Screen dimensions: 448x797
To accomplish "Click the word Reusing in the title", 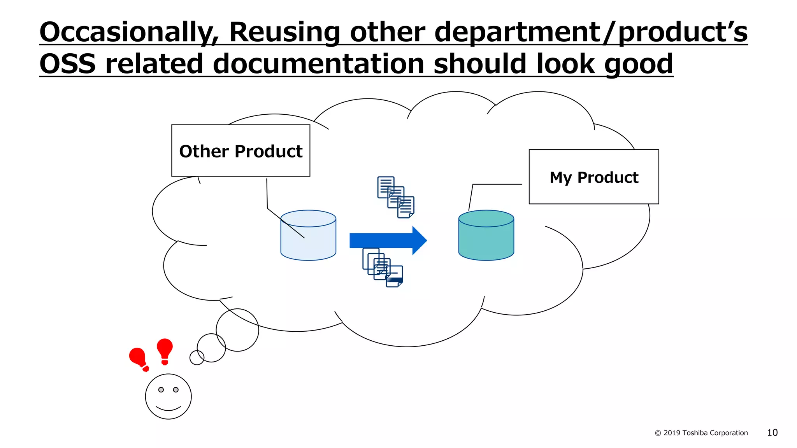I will pos(284,32).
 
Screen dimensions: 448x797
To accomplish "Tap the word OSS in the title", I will pos(67,64).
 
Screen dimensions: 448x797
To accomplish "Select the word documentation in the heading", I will pos(318,64).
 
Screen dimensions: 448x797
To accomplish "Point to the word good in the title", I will pos(638,64).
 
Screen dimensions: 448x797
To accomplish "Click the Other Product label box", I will pos(241,151).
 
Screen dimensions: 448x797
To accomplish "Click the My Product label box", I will pos(593,177).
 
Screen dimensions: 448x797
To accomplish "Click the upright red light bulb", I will pos(165,350).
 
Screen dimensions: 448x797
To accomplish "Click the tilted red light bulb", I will pos(138,358).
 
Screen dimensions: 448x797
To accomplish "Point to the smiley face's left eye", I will pos(161,390).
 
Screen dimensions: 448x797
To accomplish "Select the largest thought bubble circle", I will pos(237,330).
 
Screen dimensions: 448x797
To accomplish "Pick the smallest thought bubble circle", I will pos(197,357).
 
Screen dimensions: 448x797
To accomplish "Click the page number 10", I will pos(772,432).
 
